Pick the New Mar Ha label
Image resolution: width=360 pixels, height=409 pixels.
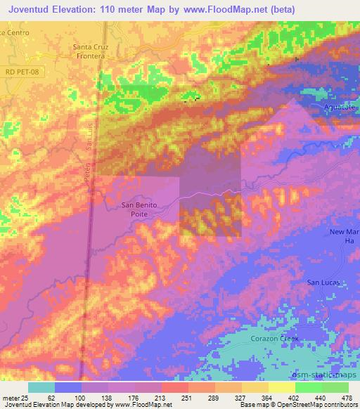click(345, 237)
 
